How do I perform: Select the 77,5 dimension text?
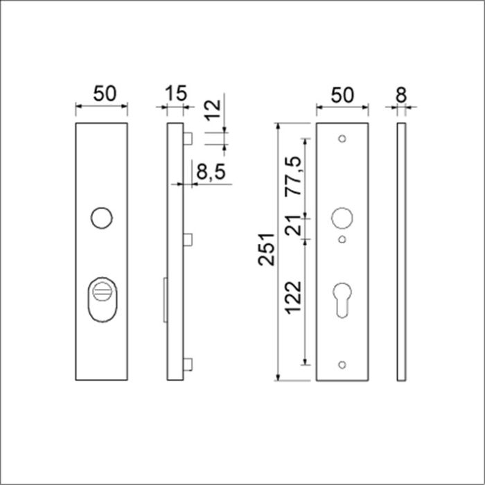coord(294,177)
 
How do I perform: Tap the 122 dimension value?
coord(294,297)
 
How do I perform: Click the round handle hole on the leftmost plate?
coord(101,218)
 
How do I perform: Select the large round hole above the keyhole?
coord(342,218)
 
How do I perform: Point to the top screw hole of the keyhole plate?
coord(342,139)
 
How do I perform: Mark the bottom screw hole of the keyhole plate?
coord(342,364)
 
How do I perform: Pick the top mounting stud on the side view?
coord(187,139)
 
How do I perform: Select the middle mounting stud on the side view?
coord(187,239)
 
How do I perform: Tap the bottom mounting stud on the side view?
coord(187,363)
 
